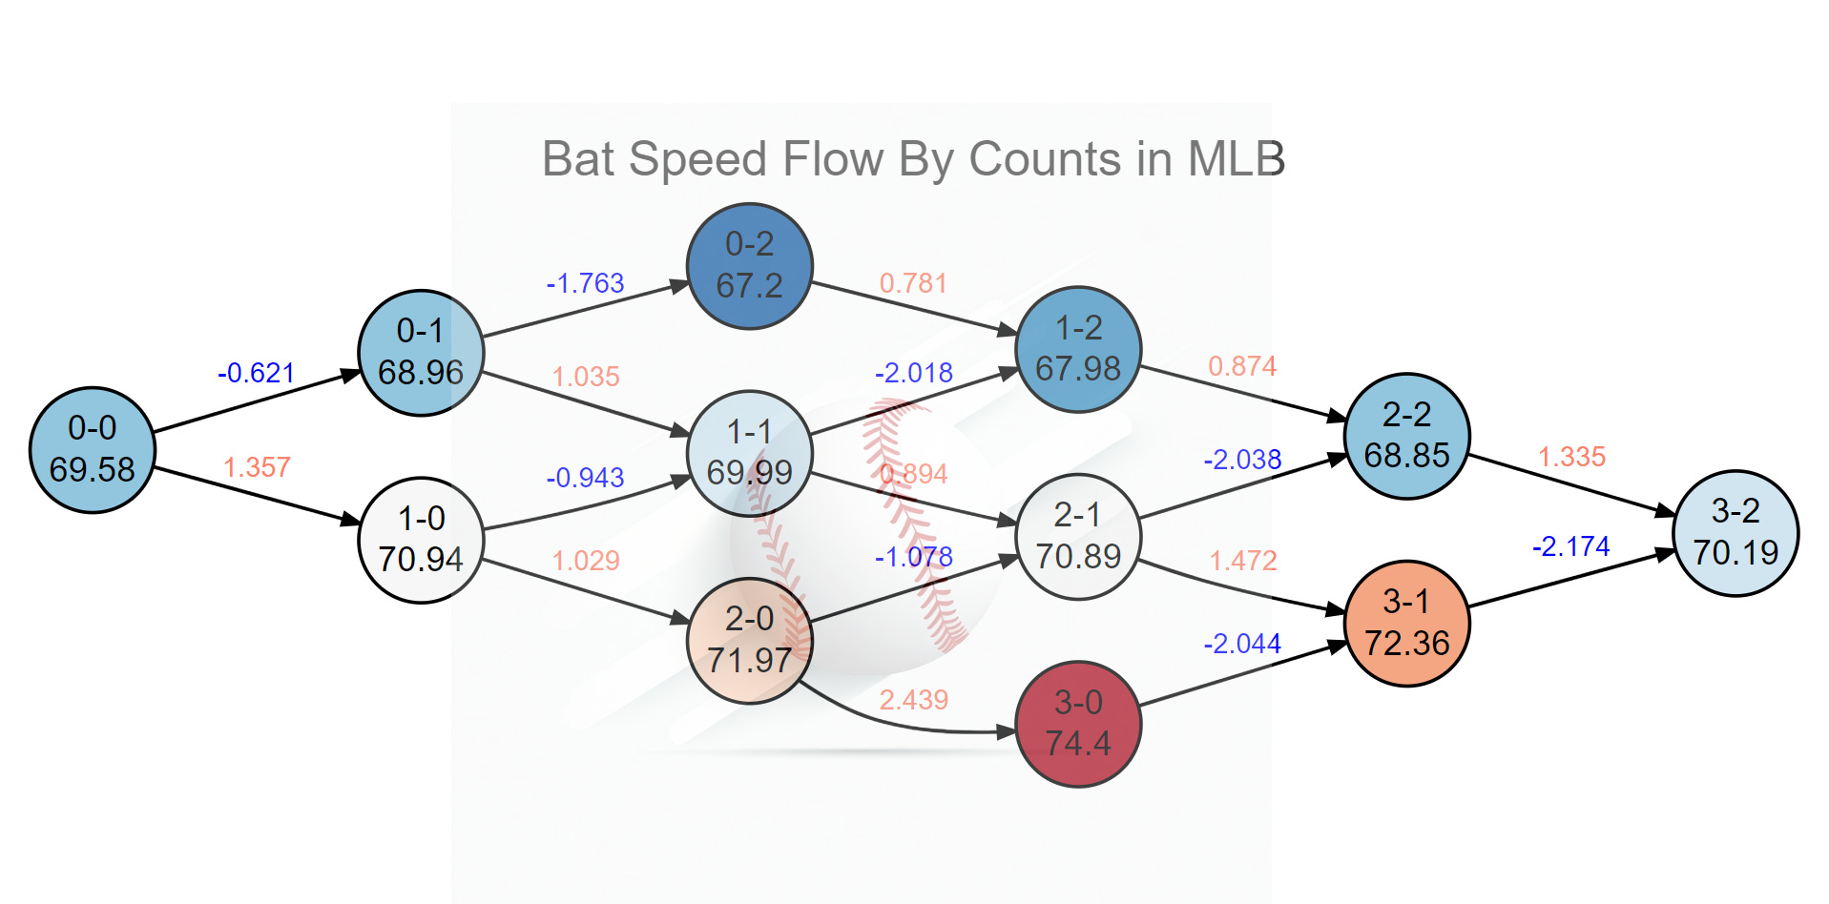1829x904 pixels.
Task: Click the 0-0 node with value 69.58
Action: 93,449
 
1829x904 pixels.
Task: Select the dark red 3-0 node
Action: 1078,724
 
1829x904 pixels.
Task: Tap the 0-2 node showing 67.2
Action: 749,265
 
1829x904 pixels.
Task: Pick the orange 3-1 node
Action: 1406,623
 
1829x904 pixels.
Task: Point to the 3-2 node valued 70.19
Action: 1735,532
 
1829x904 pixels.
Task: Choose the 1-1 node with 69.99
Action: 749,452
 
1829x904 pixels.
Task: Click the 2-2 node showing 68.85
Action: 1406,435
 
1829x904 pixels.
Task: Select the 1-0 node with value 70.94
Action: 421,540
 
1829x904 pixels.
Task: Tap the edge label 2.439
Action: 913,700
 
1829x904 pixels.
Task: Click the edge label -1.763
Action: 585,283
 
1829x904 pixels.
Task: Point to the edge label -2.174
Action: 1570,546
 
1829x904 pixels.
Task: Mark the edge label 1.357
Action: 257,467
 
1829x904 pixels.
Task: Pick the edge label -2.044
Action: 1242,644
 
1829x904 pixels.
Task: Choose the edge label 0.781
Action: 913,283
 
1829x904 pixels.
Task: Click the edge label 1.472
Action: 1242,561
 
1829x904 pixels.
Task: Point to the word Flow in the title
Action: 832,159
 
